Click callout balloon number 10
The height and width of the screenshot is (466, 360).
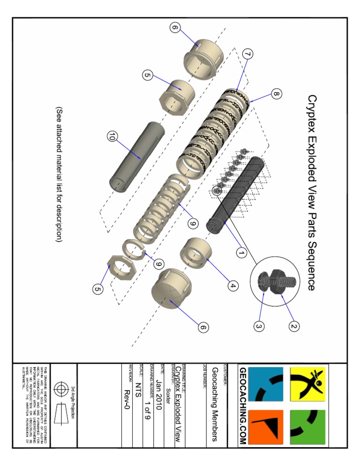point(111,137)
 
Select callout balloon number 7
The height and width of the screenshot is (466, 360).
point(248,55)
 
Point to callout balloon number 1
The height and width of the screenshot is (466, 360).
point(241,253)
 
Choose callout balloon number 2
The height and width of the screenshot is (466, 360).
point(294,324)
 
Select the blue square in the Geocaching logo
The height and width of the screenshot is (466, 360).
point(266,384)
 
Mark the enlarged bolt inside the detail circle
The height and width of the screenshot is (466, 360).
point(276,281)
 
